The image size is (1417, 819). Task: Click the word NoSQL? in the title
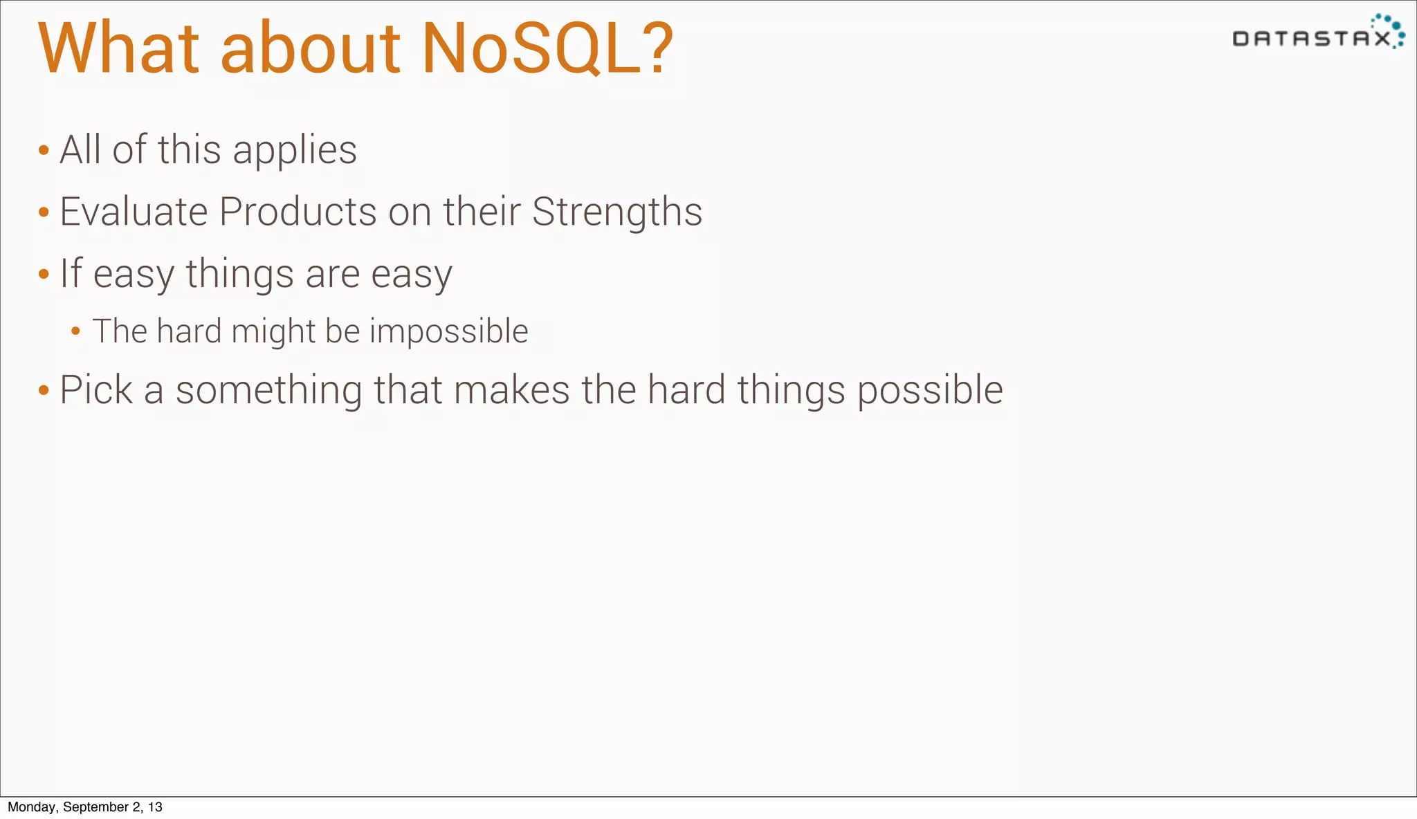pos(547,48)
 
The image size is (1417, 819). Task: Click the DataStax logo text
pos(1310,39)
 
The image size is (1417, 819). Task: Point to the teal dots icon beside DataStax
pos(1391,29)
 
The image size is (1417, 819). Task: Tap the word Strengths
pos(616,212)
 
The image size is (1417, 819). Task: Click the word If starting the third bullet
pos(71,273)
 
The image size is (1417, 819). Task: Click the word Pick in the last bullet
pos(95,389)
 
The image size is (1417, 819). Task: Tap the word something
pos(268,389)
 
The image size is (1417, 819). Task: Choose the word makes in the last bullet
pos(511,389)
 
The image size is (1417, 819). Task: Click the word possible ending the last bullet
pos(930,391)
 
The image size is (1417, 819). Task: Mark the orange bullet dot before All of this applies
pos(44,151)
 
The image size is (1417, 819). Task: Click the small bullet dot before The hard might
pos(76,331)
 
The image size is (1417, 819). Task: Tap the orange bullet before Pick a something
pos(44,390)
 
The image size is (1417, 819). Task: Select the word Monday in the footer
pos(32,807)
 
